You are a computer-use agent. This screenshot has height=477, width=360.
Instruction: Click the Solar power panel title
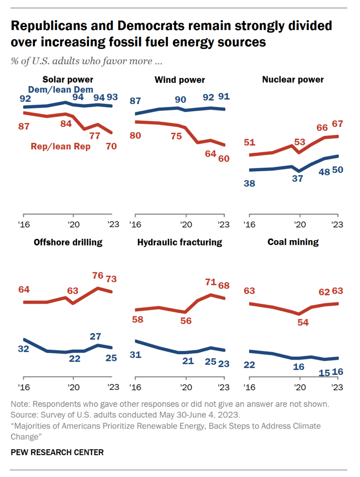pos(68,80)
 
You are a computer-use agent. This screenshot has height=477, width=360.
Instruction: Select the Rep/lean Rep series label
pos(61,147)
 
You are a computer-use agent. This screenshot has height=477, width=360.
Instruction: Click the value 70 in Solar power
pos(111,147)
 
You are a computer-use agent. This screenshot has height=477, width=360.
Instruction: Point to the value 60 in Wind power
pos(224,159)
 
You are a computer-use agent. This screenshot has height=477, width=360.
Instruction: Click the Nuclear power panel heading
pos(293,80)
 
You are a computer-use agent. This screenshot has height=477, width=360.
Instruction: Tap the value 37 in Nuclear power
pos(297,179)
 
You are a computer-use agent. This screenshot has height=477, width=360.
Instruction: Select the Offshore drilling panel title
pos(68,242)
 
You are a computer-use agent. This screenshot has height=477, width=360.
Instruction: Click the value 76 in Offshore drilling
pos(98,275)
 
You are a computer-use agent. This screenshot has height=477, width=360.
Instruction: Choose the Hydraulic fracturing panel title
pos(180,242)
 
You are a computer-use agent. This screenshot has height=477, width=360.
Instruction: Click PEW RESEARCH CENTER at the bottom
pos(57,452)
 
